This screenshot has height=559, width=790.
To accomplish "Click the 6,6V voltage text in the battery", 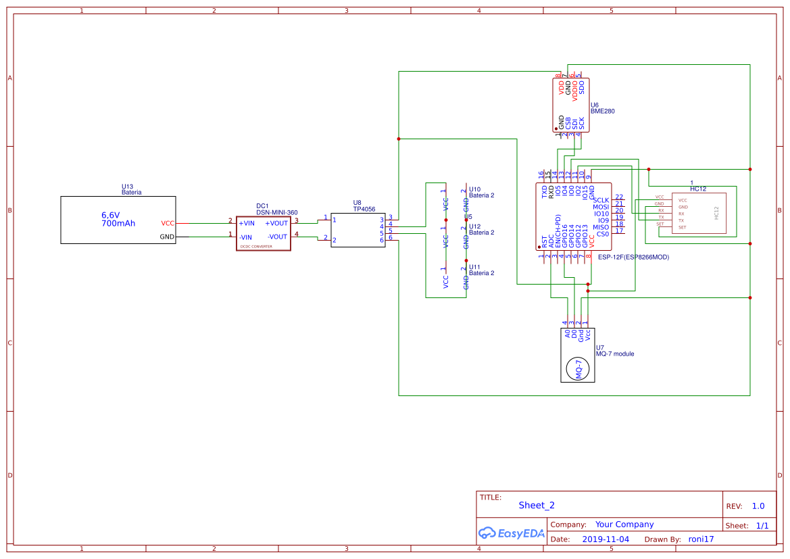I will [110, 215].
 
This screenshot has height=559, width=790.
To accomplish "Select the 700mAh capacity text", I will [118, 223].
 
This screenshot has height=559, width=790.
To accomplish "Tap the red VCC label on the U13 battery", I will [168, 223].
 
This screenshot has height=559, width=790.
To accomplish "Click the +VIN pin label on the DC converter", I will [246, 223].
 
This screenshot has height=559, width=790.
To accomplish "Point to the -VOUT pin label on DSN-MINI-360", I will [277, 237].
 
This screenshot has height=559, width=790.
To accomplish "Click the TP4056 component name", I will [364, 209].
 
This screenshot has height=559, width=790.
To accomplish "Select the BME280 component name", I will [602, 112].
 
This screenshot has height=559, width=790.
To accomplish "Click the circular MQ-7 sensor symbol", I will [578, 368].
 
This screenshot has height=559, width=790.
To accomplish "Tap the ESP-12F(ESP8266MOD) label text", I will [633, 257].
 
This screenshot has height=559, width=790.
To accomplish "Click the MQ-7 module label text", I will [614, 354].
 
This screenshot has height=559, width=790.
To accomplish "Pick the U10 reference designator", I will [474, 189].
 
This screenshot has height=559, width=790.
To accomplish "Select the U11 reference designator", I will [474, 267].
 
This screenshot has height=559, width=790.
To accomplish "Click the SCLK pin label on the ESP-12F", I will [600, 200].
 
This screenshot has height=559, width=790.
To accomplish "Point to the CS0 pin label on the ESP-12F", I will [602, 234].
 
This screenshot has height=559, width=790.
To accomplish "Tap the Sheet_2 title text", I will [537, 505].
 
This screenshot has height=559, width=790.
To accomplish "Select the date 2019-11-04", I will [605, 539].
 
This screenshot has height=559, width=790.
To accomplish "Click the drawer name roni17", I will [701, 539].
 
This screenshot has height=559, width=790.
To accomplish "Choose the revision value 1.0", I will [758, 506].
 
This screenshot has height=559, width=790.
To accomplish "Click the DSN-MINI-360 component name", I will [276, 212].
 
